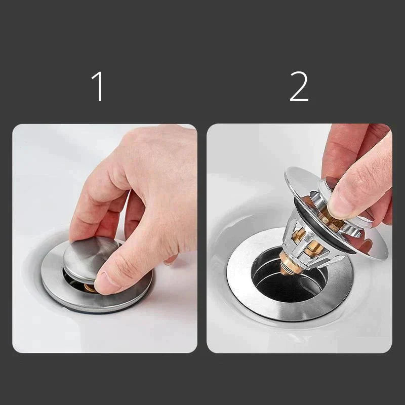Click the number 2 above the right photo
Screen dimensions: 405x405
coord(299,86)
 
